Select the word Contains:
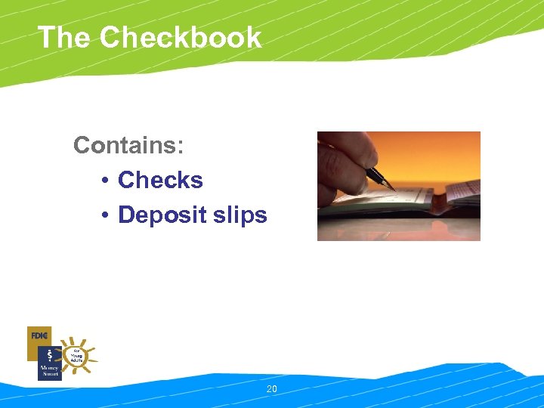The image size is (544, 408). click(128, 144)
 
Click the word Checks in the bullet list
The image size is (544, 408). click(160, 180)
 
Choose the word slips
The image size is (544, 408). click(240, 215)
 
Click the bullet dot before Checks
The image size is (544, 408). click(105, 181)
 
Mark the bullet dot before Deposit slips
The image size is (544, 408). click(105, 215)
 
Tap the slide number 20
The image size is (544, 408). click(272, 389)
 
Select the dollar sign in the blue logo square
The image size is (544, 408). click(49, 355)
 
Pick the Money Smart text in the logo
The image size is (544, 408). click(49, 371)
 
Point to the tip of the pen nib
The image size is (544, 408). click(394, 189)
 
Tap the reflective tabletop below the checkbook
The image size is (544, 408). click(400, 227)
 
